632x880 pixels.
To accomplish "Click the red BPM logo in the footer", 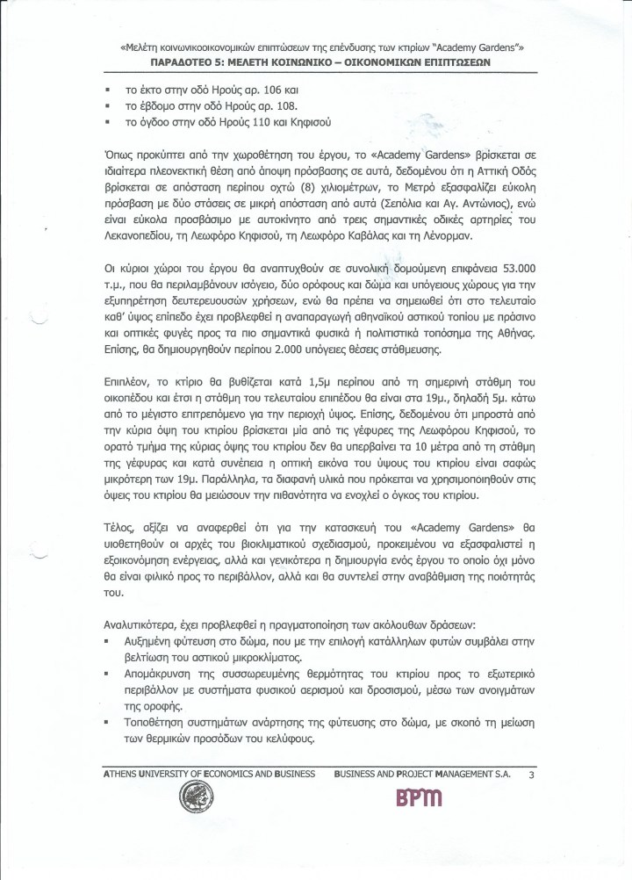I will (x=419, y=797).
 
